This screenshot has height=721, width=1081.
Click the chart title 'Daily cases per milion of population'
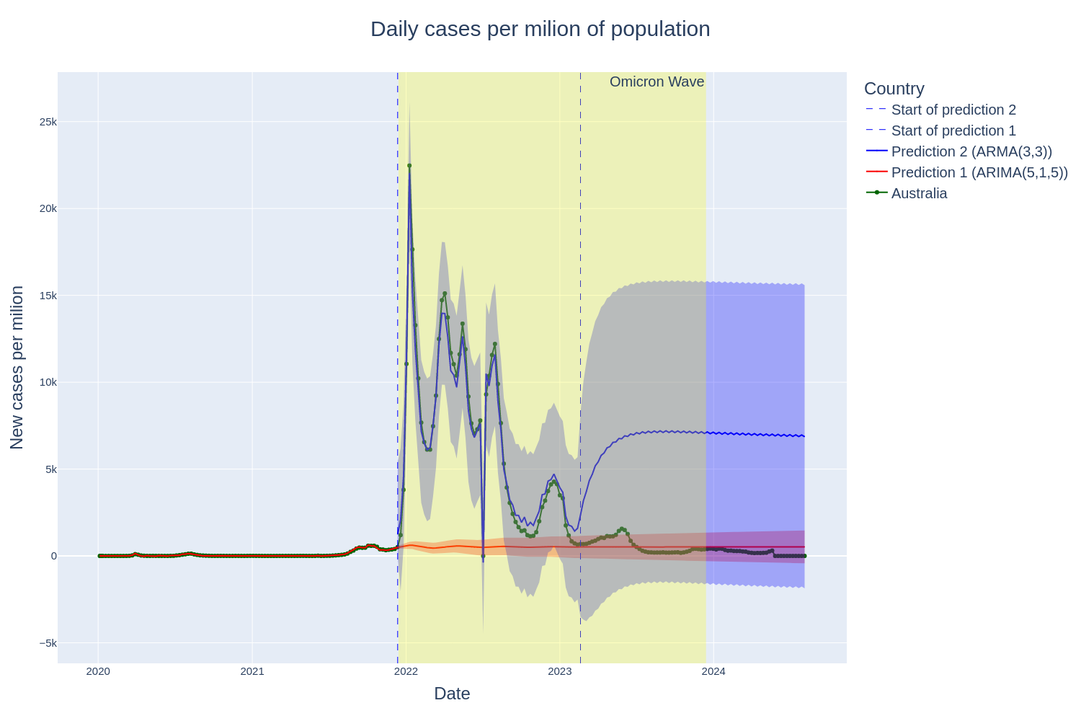pyautogui.click(x=540, y=29)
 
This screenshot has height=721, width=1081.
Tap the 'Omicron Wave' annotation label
pyautogui.click(x=657, y=82)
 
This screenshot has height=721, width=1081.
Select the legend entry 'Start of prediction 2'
pyautogui.click(x=953, y=110)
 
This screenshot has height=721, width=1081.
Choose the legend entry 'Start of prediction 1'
pyautogui.click(x=953, y=131)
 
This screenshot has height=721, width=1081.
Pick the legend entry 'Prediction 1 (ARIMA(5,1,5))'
pyautogui.click(x=979, y=172)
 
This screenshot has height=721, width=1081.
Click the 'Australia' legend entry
pyautogui.click(x=919, y=193)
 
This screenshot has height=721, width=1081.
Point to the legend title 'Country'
pyautogui.click(x=894, y=89)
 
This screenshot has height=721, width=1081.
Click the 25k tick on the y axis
pyautogui.click(x=48, y=122)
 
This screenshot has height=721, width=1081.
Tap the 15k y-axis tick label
pyautogui.click(x=48, y=296)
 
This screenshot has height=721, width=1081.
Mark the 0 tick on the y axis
pyautogui.click(x=53, y=556)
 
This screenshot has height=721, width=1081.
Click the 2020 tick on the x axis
pyautogui.click(x=98, y=672)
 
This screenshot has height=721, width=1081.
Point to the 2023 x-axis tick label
pyautogui.click(x=560, y=672)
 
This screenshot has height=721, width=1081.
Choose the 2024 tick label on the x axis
pyautogui.click(x=713, y=672)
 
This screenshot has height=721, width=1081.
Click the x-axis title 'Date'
pyautogui.click(x=452, y=694)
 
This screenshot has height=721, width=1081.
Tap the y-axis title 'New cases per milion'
pyautogui.click(x=17, y=368)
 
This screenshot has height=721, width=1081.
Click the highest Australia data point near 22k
pyautogui.click(x=409, y=166)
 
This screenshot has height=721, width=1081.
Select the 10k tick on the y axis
pyautogui.click(x=48, y=382)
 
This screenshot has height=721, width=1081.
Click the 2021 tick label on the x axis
pyautogui.click(x=252, y=672)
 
